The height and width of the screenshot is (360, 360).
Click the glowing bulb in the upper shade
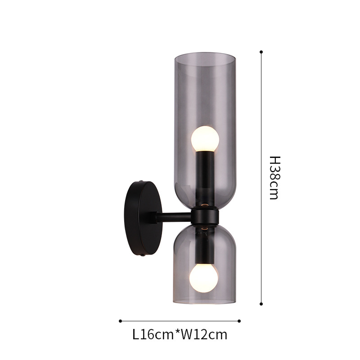(x=205, y=139)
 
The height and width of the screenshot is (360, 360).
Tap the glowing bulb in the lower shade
(x=203, y=278)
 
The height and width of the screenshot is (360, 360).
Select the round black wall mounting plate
(x=143, y=218)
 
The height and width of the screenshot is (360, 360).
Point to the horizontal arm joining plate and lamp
(x=174, y=217)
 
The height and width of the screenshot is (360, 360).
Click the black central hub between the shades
(x=205, y=216)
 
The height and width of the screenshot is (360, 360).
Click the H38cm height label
(x=274, y=178)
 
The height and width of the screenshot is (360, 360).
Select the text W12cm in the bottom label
(x=204, y=334)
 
